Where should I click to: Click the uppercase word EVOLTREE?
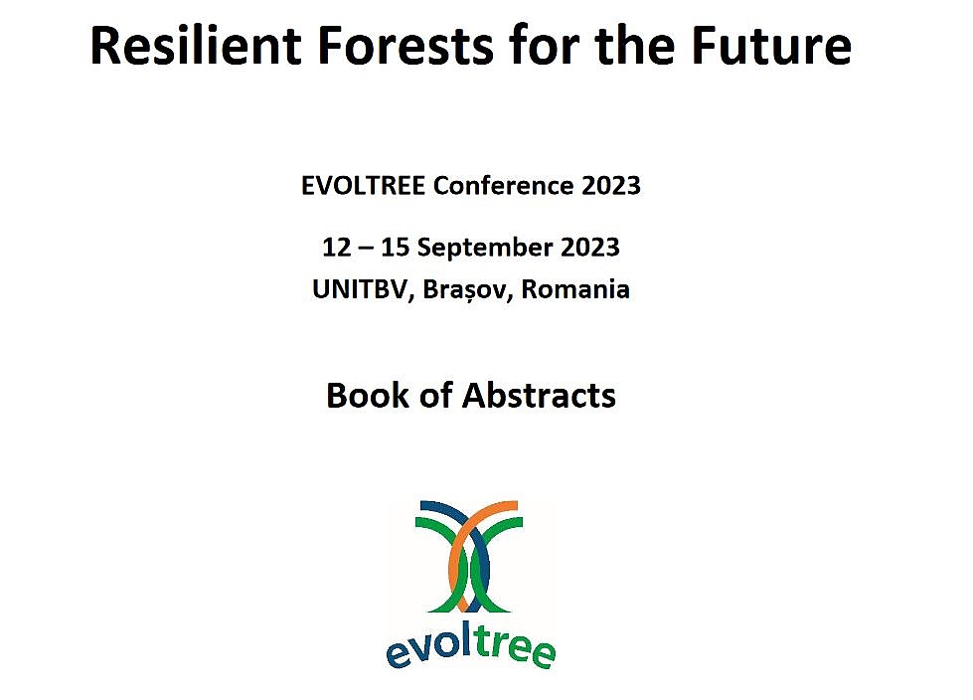pyautogui.click(x=363, y=186)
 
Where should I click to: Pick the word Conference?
pyautogui.click(x=503, y=186)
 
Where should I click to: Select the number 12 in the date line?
pyautogui.click(x=336, y=248)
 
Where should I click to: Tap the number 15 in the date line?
pyautogui.click(x=396, y=248)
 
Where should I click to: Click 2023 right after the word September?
pyautogui.click(x=590, y=248)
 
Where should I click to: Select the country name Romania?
pyautogui.click(x=575, y=289)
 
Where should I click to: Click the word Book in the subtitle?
pyautogui.click(x=368, y=396)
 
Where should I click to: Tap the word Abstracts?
pyautogui.click(x=539, y=396)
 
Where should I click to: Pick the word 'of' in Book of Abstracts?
pyautogui.click(x=435, y=396)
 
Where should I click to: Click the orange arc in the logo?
pyautogui.click(x=458, y=547)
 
